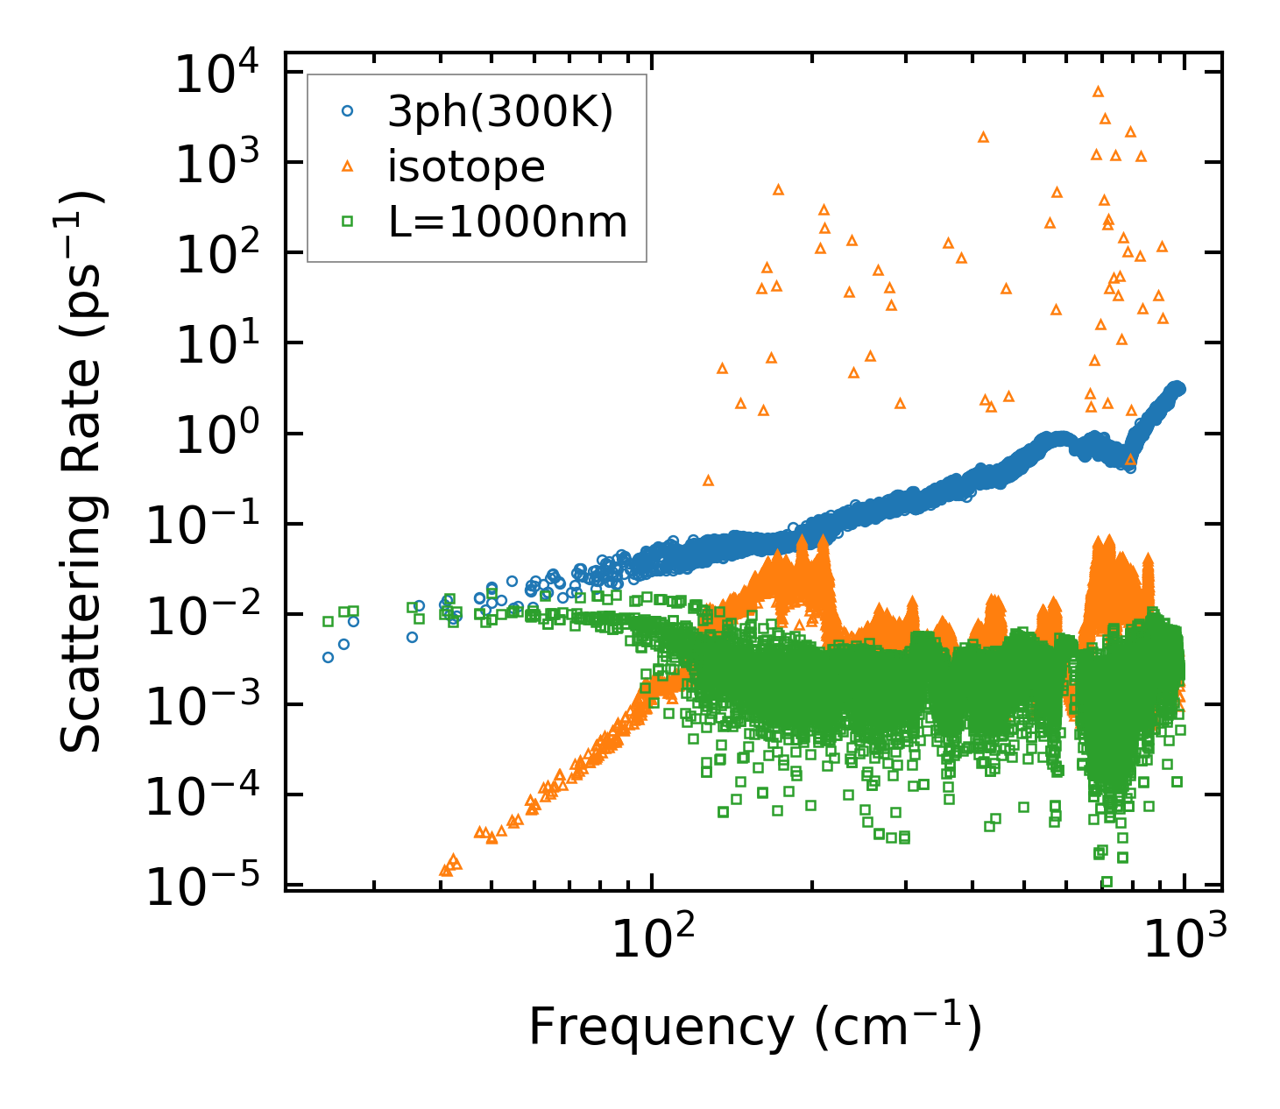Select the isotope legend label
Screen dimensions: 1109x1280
466,166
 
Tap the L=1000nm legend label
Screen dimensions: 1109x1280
508,223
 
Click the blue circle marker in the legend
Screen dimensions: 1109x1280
348,111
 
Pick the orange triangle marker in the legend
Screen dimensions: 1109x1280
348,166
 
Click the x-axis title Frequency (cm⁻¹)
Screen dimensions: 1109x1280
753,1027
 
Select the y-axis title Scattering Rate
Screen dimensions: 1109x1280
81,473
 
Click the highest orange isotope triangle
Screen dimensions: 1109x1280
1098,91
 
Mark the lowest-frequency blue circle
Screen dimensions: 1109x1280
328,657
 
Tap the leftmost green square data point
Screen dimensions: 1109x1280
328,621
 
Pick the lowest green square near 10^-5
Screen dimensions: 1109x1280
1107,881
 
